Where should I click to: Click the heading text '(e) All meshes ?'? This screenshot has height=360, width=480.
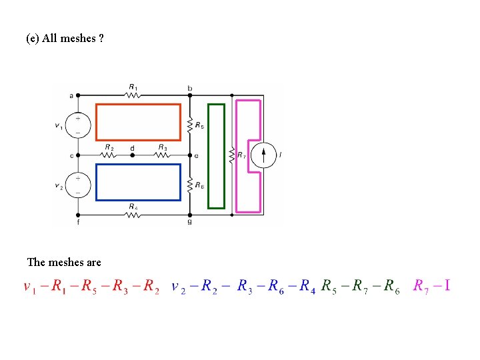click(x=65, y=38)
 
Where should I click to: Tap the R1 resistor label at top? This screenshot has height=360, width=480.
click(x=133, y=87)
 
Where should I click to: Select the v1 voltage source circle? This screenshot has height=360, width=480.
click(x=79, y=125)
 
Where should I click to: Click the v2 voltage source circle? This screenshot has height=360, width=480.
click(x=79, y=185)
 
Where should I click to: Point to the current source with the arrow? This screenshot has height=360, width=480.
click(x=265, y=155)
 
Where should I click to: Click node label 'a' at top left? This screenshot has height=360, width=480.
click(x=71, y=95)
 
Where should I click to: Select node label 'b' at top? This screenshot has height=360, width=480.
click(x=190, y=89)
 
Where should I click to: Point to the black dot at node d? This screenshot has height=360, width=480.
click(x=133, y=155)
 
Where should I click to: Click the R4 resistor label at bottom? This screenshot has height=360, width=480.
click(x=134, y=207)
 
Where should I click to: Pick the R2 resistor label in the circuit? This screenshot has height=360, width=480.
click(x=109, y=147)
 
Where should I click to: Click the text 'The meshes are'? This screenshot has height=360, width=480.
click(x=64, y=262)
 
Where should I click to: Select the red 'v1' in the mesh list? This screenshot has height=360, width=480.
click(x=29, y=287)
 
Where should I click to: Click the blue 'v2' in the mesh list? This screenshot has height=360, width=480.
click(x=178, y=287)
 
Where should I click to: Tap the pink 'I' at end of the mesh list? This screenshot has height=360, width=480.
click(x=447, y=285)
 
